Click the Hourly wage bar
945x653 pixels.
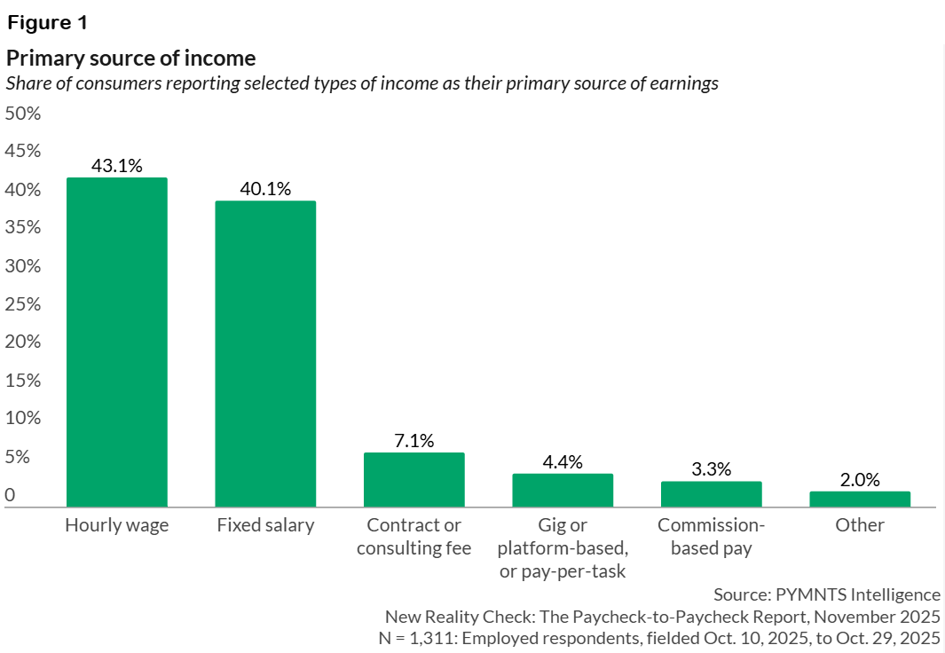tap(117, 342)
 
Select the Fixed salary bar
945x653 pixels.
tap(265, 354)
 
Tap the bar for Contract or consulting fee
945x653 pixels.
tap(413, 480)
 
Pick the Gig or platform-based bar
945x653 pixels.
tap(563, 491)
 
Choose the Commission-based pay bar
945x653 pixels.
tap(711, 494)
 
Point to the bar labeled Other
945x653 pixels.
tap(860, 500)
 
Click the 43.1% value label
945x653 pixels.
tap(117, 165)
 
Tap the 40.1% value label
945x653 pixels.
tap(265, 188)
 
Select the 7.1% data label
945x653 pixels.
tap(413, 440)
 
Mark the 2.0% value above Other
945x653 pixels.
tap(860, 480)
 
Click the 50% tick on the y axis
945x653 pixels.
tap(23, 114)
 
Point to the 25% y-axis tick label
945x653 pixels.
tap(23, 304)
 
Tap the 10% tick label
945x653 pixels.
tap(23, 418)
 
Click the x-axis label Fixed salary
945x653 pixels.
tap(265, 525)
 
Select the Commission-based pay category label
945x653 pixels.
tap(711, 536)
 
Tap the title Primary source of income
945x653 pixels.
tap(131, 59)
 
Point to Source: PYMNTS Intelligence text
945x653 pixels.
tap(826, 594)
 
